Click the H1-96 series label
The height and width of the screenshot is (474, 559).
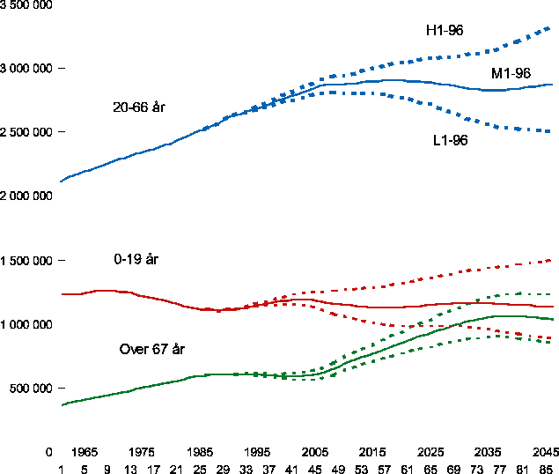(445, 31)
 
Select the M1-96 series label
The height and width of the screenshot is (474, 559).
(511, 73)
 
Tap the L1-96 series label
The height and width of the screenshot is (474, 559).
(450, 140)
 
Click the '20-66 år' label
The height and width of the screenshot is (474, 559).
(139, 107)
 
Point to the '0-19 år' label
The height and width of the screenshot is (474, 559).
(136, 260)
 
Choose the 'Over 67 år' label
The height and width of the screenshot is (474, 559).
(151, 350)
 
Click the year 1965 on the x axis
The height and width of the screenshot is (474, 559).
(85, 452)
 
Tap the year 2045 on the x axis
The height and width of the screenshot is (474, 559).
(545, 452)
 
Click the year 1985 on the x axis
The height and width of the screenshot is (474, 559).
(200, 452)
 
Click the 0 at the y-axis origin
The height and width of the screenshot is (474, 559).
(49, 452)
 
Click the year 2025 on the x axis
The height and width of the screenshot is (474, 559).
(430, 452)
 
